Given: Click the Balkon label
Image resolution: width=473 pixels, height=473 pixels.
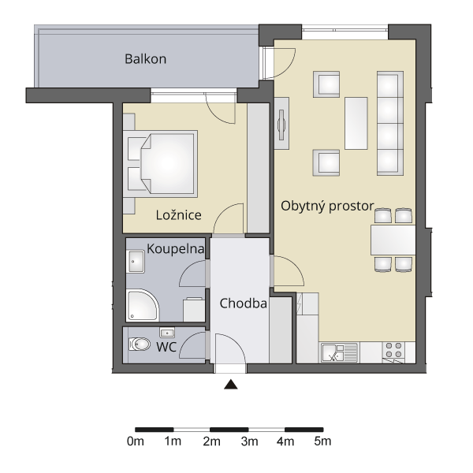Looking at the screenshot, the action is click(x=145, y=59).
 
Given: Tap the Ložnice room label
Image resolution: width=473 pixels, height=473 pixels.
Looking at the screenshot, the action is click(x=179, y=215).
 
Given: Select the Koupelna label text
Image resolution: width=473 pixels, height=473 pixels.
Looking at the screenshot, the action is click(x=175, y=249).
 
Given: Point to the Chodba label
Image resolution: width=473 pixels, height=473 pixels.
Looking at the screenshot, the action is click(x=243, y=304).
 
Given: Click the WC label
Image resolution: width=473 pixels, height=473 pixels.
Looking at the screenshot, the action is click(x=166, y=347).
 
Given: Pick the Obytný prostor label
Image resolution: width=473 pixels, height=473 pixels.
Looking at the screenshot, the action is click(x=327, y=207).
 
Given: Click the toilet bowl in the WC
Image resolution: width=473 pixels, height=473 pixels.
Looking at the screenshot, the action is click(x=140, y=345).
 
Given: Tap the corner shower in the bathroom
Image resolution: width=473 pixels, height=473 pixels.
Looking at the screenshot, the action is click(x=143, y=305).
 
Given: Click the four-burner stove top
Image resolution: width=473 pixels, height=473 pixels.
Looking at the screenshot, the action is click(x=394, y=350).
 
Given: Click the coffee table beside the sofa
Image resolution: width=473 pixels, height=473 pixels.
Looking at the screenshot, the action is click(x=356, y=123).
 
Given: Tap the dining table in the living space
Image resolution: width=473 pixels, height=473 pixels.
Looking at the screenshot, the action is click(x=393, y=240).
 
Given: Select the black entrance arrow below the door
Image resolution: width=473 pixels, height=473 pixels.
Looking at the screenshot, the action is click(x=231, y=385).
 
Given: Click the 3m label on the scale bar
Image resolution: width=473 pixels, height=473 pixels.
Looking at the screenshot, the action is click(x=250, y=441).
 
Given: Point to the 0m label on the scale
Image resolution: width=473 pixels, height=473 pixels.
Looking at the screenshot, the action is click(x=136, y=441).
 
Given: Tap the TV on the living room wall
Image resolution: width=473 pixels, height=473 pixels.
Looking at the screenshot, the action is click(x=281, y=125).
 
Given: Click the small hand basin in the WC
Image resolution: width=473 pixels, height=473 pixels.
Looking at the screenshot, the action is click(x=167, y=333).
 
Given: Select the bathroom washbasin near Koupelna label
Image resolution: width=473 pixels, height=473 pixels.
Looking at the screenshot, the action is click(x=136, y=262).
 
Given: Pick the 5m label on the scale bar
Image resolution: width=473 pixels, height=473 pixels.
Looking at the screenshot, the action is click(x=322, y=441).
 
